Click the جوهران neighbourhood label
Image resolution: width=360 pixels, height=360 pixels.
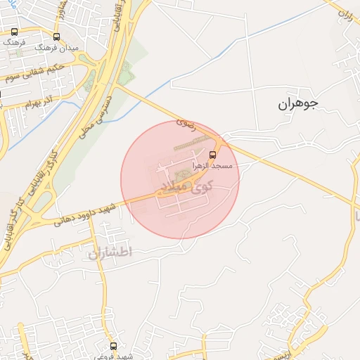coord(297,104)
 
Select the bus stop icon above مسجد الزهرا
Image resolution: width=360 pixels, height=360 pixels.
coord(213,155)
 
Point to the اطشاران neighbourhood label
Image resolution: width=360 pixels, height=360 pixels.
coord(110,252)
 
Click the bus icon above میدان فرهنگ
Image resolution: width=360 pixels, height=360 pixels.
coord(56,37)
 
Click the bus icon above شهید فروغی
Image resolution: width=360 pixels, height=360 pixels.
coord(113,346)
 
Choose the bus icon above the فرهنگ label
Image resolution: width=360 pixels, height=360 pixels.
coord(15,32)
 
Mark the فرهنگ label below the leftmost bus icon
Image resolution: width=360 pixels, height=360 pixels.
coord(14,42)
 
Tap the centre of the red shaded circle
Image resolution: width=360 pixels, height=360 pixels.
coord(180,180)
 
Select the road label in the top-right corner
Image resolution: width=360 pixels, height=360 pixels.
coord(344,13)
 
